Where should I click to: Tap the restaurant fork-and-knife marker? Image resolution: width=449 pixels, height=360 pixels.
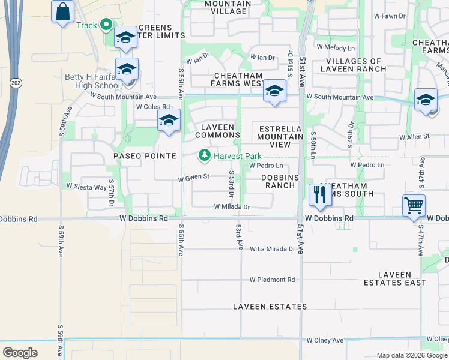[x=319, y=194]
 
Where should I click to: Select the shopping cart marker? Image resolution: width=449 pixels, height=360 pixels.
[x=414, y=206]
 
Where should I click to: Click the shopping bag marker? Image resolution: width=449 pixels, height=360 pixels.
[x=62, y=11]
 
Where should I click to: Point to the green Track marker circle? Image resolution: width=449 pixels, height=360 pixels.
[x=107, y=25]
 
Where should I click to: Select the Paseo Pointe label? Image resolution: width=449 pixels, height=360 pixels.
[x=145, y=156]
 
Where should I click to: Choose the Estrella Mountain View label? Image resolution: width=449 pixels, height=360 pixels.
[x=281, y=137]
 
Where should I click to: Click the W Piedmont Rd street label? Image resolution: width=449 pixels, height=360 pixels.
[x=273, y=280]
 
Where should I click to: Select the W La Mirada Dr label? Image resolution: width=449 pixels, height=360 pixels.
[x=273, y=248]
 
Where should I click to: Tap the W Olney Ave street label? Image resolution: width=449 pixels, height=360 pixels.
[x=325, y=340]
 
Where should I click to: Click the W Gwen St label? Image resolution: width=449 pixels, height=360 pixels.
[x=193, y=177]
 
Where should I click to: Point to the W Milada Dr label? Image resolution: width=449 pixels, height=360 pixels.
[x=232, y=207]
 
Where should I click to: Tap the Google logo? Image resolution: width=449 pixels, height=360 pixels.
[x=20, y=353]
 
